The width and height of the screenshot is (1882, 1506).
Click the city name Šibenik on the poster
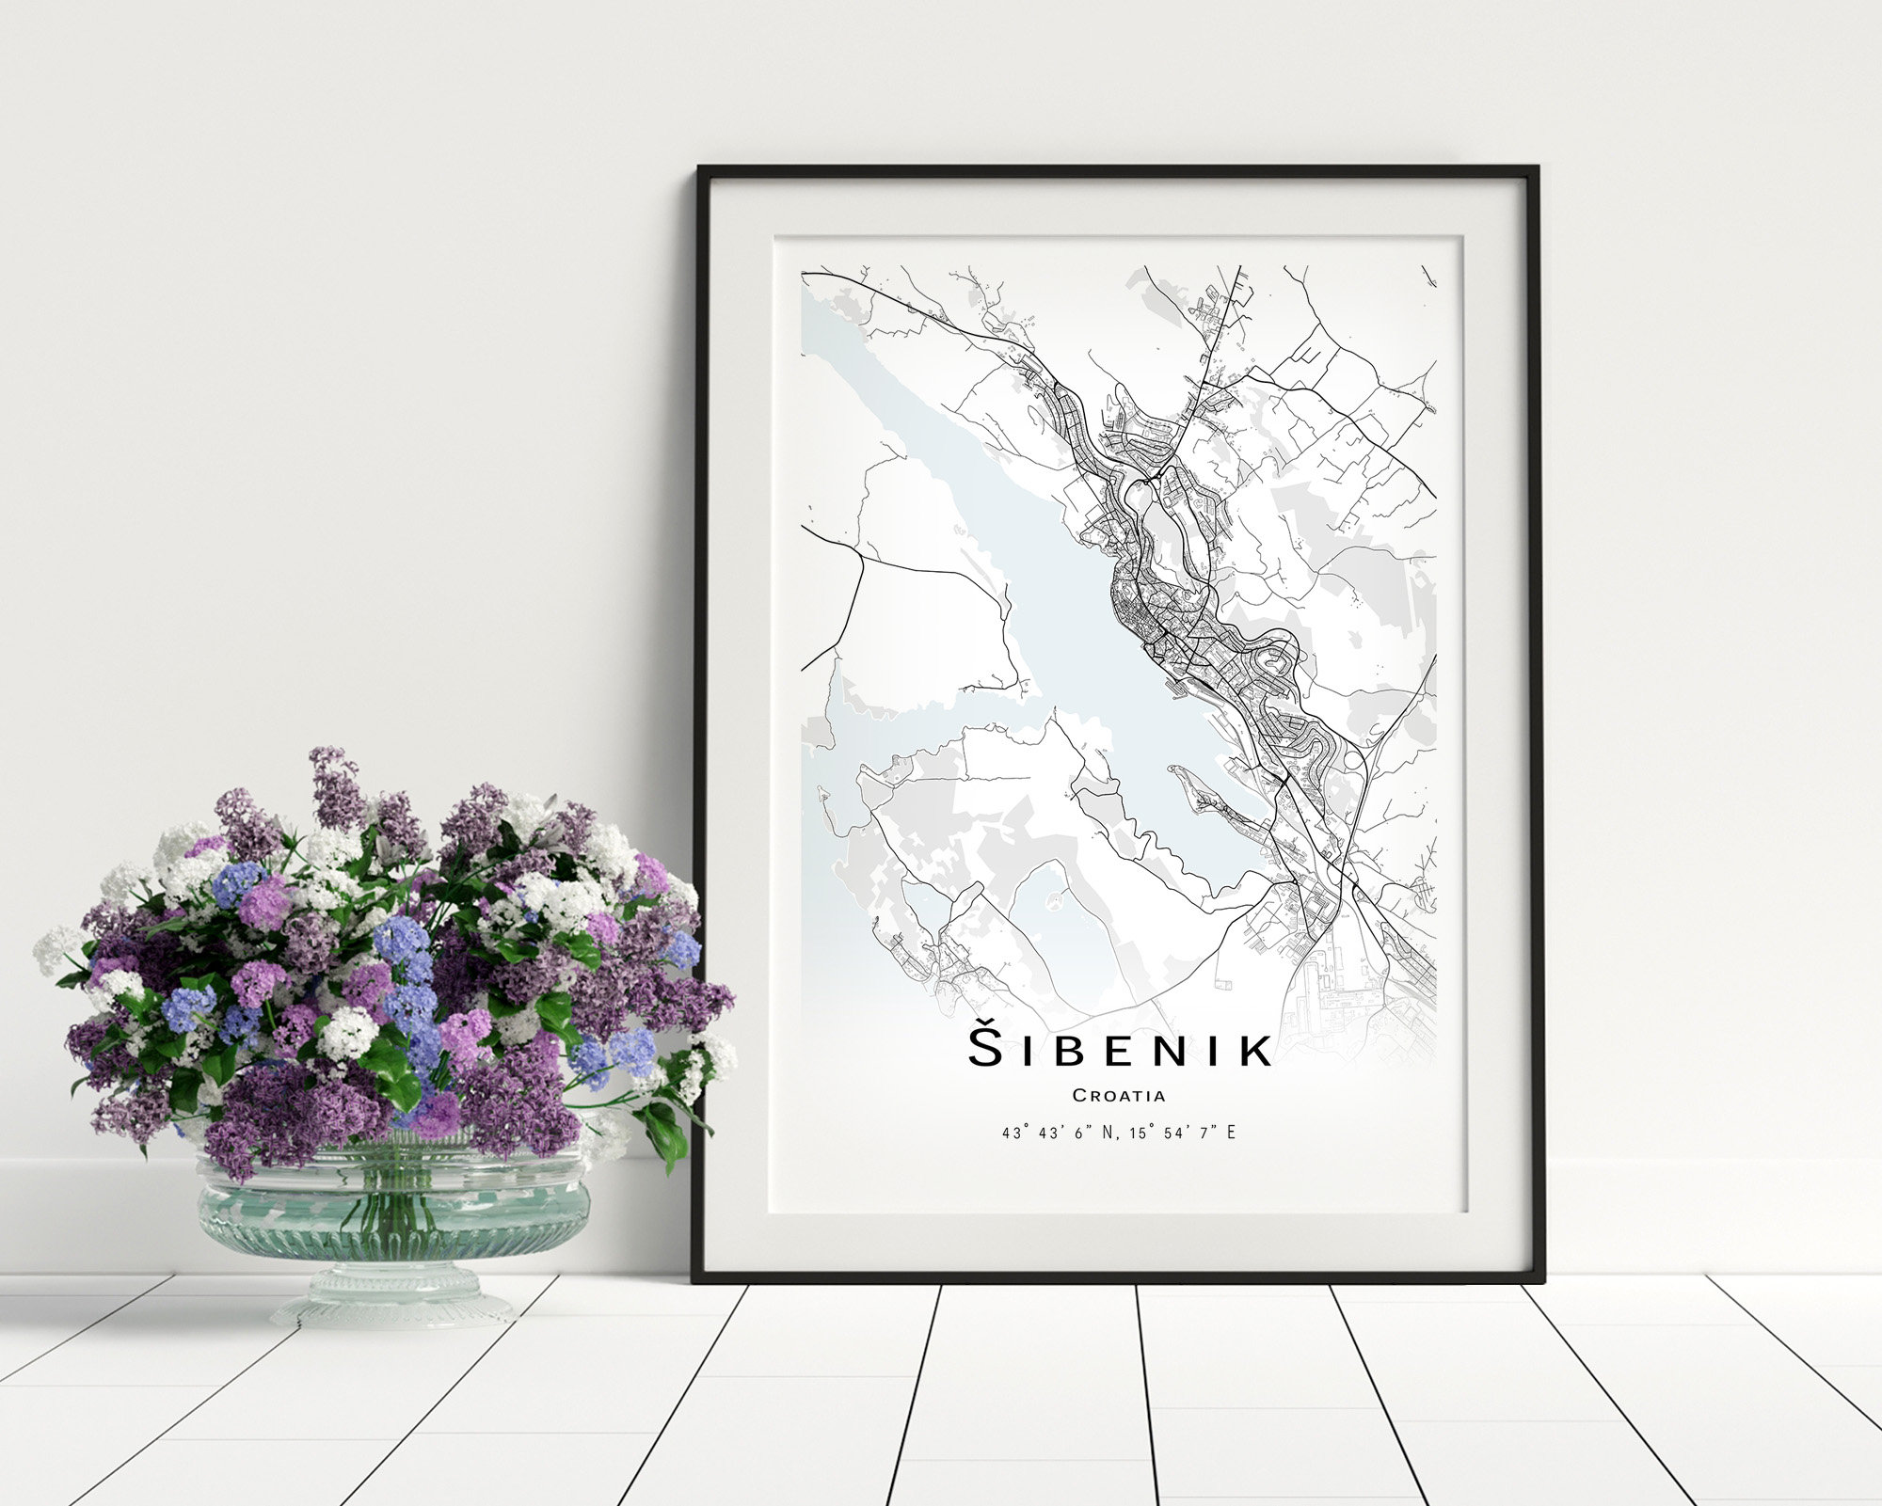[x=1120, y=1049]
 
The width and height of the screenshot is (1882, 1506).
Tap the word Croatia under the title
[x=1119, y=1095]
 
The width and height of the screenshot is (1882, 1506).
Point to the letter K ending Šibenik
[x=1253, y=1051]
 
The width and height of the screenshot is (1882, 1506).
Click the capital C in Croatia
[x=1078, y=1095]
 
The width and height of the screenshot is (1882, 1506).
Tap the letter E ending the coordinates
[x=1231, y=1133]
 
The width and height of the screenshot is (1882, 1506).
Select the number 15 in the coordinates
[x=1131, y=1133]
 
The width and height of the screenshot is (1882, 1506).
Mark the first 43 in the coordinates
[x=1011, y=1133]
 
